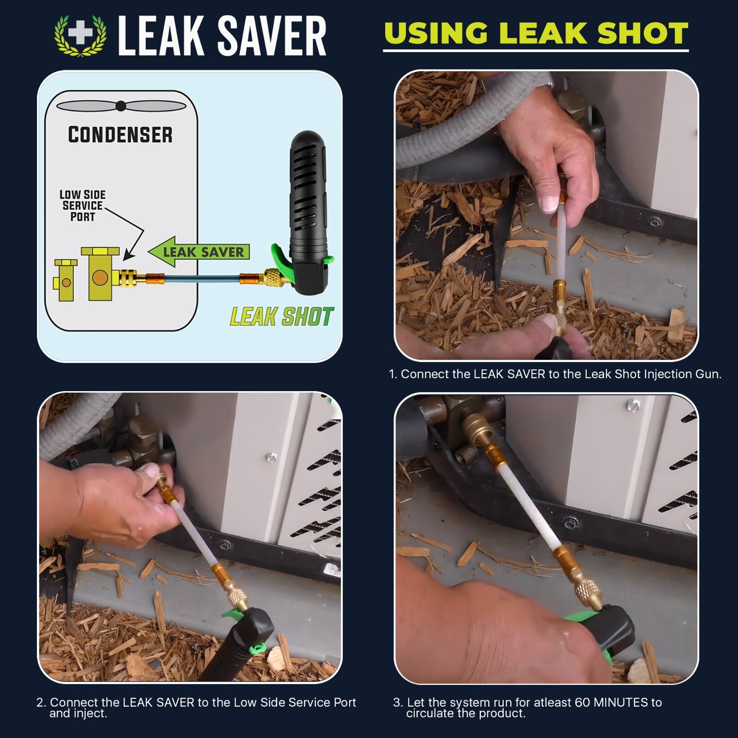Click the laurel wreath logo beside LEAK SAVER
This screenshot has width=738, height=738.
(80, 36)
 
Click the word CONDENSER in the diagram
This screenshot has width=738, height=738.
(120, 135)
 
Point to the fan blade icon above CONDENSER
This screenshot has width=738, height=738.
(121, 106)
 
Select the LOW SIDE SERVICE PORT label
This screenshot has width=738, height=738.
(83, 206)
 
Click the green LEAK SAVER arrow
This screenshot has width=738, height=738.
(198, 252)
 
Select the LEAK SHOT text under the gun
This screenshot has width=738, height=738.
(281, 317)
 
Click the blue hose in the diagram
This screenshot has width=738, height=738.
(202, 279)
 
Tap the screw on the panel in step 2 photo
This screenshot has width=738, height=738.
(271, 457)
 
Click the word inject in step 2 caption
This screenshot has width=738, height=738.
(91, 714)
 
